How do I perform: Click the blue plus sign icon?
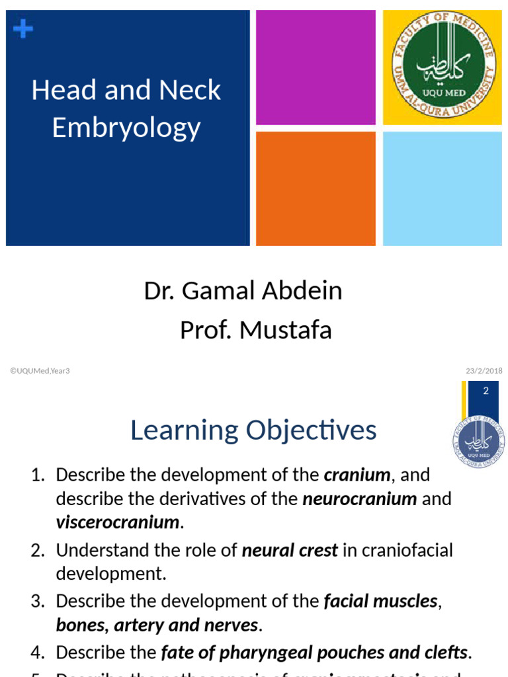coord(23,28)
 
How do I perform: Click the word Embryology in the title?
coord(126,127)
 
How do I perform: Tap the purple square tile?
coord(316,67)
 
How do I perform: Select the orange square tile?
coord(316,188)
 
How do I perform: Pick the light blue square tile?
coord(442,188)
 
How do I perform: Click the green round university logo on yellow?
coord(443,67)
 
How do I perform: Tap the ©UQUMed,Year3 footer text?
coord(40,371)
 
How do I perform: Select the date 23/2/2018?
coord(484,371)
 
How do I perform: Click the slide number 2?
coord(486,391)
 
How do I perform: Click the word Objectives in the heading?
coord(312,430)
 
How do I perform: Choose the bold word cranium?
coord(357,475)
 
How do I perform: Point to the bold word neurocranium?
coord(359,498)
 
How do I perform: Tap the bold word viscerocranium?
coord(118,522)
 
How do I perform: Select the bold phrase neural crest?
coord(290,550)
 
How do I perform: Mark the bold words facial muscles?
coord(380,601)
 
